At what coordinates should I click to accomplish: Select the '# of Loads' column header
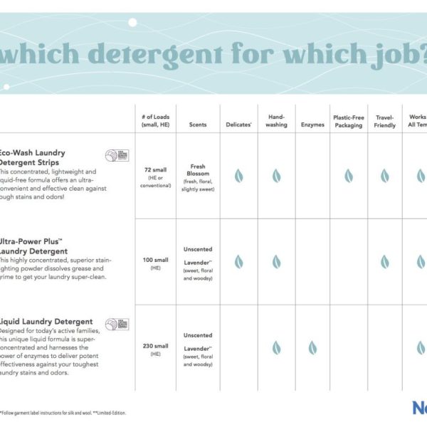tap(155, 121)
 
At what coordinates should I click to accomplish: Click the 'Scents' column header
tap(198, 125)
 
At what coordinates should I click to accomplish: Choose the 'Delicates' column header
tap(238, 125)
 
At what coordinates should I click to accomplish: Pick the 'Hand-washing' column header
tap(276, 120)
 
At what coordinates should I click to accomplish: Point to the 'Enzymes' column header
tap(312, 125)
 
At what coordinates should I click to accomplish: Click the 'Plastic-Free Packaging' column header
tap(349, 120)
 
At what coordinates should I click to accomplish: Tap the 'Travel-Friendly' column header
tap(384, 120)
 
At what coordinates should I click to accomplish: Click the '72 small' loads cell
tap(155, 171)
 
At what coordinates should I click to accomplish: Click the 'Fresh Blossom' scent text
tap(198, 171)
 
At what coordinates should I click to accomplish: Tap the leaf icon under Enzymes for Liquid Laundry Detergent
tap(312, 348)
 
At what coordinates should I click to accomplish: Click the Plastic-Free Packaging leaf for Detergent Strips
tap(349, 176)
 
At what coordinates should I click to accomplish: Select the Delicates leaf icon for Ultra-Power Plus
tap(238, 262)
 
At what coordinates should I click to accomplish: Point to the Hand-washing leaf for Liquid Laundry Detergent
tap(276, 348)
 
